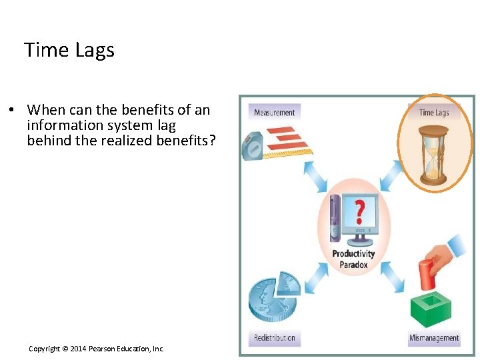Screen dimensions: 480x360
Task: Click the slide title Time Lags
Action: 69,50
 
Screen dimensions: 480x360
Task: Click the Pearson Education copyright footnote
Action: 96,349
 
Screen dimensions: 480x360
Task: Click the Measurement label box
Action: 274,112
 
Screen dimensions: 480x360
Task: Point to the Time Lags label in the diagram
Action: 434,112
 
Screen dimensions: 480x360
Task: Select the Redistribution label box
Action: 274,338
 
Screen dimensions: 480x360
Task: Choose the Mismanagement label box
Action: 434,338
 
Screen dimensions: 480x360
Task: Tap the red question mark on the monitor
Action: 359,211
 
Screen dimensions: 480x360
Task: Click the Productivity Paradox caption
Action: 353,259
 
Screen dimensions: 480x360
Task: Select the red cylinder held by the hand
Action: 426,273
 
